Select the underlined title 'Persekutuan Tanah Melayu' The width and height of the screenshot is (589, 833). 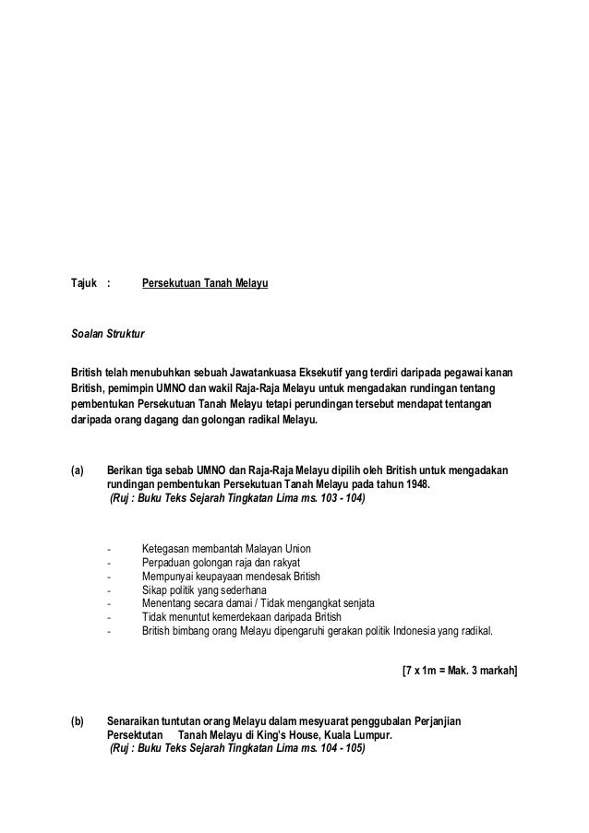pyautogui.click(x=204, y=287)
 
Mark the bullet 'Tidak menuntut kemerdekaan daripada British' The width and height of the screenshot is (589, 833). pyautogui.click(x=242, y=617)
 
